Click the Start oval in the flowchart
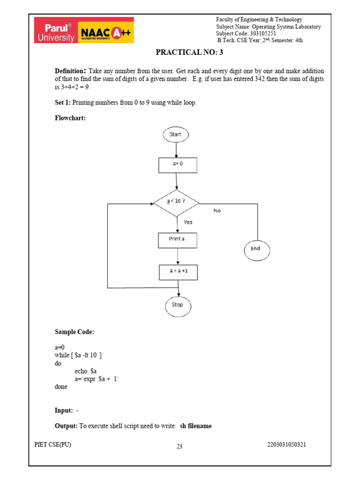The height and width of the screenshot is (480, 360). [x=176, y=135]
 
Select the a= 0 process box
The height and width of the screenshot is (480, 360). [x=177, y=165]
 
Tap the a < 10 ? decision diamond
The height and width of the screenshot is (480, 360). [x=177, y=202]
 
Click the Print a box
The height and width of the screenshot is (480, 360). [x=177, y=240]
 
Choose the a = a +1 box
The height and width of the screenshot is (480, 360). [x=178, y=272]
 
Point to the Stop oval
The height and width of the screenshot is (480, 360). [x=178, y=305]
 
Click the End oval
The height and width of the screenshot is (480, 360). [x=256, y=249]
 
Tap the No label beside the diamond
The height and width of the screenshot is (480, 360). [x=217, y=211]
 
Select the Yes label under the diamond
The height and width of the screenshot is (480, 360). [x=188, y=222]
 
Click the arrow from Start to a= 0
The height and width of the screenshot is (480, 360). [x=176, y=150]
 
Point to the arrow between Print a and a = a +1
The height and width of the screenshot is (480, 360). [x=178, y=256]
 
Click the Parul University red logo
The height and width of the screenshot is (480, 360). [x=55, y=30]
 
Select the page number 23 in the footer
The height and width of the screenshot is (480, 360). [x=179, y=447]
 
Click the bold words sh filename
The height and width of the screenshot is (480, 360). [x=196, y=426]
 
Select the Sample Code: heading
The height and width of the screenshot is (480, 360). [x=75, y=332]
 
